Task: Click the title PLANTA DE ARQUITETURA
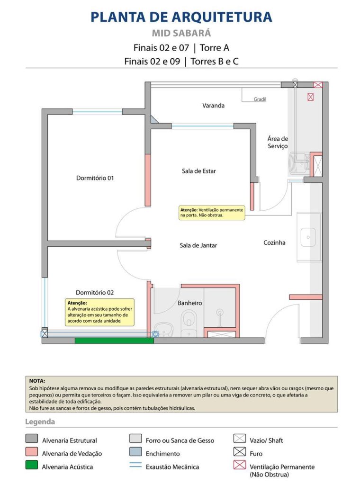181,17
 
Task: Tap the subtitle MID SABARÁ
181,34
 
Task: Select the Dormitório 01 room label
95,178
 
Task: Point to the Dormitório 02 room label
95,292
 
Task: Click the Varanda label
213,106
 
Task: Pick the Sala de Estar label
198,171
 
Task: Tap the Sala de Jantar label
198,245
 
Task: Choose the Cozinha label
274,242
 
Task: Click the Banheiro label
190,303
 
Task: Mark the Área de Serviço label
278,143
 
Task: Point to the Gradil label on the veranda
260,99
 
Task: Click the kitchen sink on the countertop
308,237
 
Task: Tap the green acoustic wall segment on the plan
114,341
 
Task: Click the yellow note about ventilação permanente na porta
211,212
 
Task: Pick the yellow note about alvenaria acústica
99,312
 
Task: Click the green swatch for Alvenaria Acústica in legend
32,466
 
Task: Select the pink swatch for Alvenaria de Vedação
32,453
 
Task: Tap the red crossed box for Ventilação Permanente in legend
240,466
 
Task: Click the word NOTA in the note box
37,381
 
